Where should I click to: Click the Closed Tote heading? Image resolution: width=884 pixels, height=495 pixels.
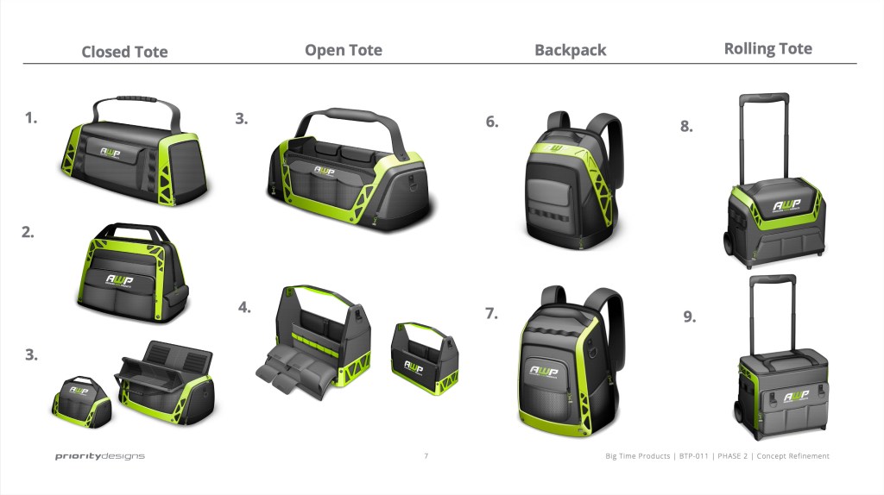124,52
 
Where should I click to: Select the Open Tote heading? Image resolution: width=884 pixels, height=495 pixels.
343,50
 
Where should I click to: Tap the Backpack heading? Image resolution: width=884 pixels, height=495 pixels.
570,50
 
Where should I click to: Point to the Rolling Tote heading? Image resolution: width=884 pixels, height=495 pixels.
767,48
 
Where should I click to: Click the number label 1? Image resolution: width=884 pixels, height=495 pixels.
31,118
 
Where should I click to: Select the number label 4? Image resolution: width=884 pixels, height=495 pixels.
244,307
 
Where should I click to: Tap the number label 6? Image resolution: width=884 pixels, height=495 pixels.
491,122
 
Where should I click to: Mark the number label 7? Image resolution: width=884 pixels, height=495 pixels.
491,313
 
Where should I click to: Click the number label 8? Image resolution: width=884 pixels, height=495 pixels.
686,126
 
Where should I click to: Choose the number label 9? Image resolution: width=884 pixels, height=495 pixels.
689,316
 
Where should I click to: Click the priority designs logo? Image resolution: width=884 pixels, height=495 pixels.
100,456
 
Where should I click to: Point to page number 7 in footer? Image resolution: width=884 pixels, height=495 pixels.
426,456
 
